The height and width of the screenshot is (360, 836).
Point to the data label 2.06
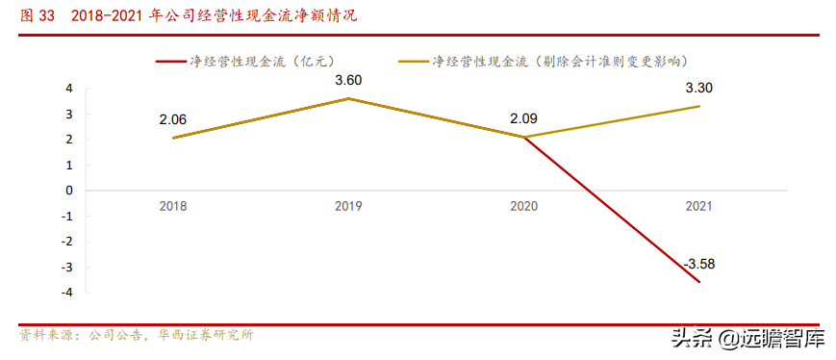coord(173,118)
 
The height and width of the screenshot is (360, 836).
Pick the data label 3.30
coord(697,88)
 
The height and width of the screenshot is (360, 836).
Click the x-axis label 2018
coord(173,206)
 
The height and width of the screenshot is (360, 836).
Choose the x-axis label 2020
coord(522,206)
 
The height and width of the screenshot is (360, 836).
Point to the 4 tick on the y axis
coord(68,89)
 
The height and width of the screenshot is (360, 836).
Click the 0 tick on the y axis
coord(68,191)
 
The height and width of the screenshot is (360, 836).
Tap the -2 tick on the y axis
coord(66,242)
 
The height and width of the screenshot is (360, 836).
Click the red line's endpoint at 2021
coord(697,281)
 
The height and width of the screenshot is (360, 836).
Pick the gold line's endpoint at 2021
coord(697,106)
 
